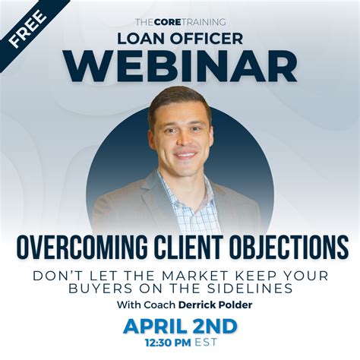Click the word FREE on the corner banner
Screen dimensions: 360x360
[30, 30]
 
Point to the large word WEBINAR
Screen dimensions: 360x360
[179, 65]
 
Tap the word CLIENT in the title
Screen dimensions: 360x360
[190, 247]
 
